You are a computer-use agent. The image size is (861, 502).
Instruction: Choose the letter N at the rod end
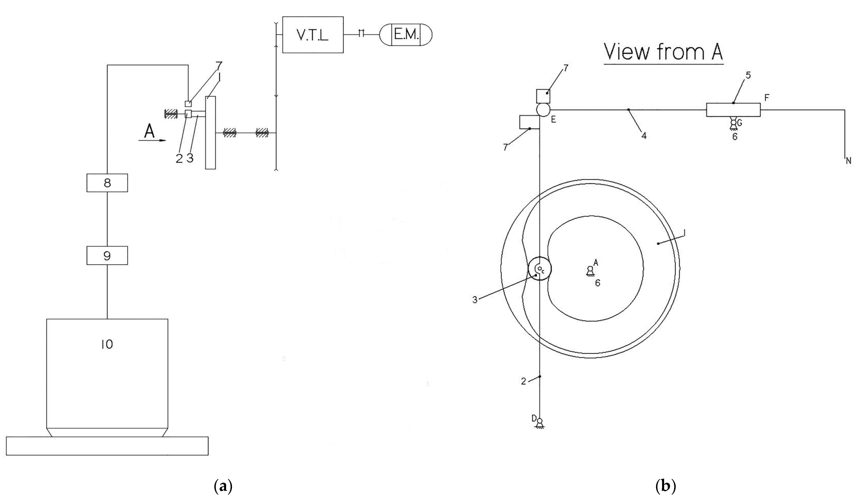848,160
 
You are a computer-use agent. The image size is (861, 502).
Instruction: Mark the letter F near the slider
767,98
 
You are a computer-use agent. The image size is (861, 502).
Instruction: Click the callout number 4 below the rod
644,135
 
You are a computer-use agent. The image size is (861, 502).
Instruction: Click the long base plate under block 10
107,446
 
